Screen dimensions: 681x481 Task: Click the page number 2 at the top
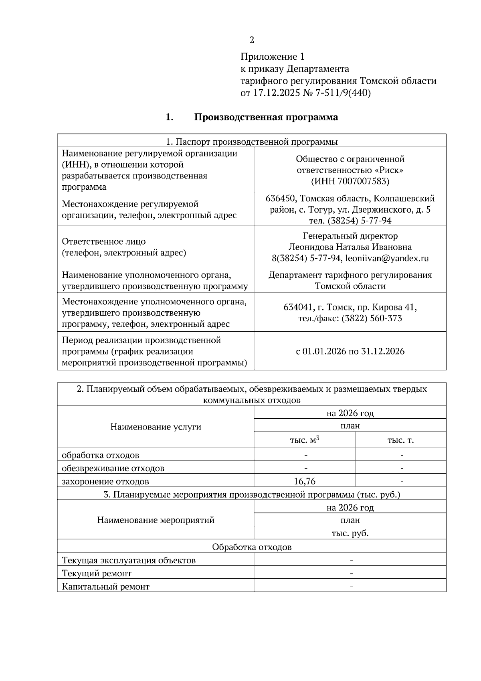click(252, 40)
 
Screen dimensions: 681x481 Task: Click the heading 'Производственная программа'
click(266, 117)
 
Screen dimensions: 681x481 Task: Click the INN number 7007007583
click(363, 181)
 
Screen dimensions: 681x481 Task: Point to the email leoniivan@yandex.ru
click(387, 258)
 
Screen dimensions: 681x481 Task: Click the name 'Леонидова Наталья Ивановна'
click(350, 247)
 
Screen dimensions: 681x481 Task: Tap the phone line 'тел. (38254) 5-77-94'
click(350, 221)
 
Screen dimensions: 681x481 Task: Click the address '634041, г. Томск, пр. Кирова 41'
click(350, 307)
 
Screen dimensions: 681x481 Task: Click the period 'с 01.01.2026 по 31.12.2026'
click(350, 351)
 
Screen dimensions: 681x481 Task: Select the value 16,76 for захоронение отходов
click(305, 481)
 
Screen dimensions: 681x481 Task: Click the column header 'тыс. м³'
click(305, 440)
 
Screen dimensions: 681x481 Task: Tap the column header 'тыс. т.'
click(400, 440)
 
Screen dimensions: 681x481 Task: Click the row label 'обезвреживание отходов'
click(113, 468)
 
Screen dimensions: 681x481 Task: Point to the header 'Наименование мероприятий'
click(156, 520)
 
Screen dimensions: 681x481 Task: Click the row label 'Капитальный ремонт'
click(106, 587)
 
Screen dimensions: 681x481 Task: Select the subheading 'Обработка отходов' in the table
click(252, 547)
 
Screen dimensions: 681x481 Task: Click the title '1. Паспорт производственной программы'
click(252, 142)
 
